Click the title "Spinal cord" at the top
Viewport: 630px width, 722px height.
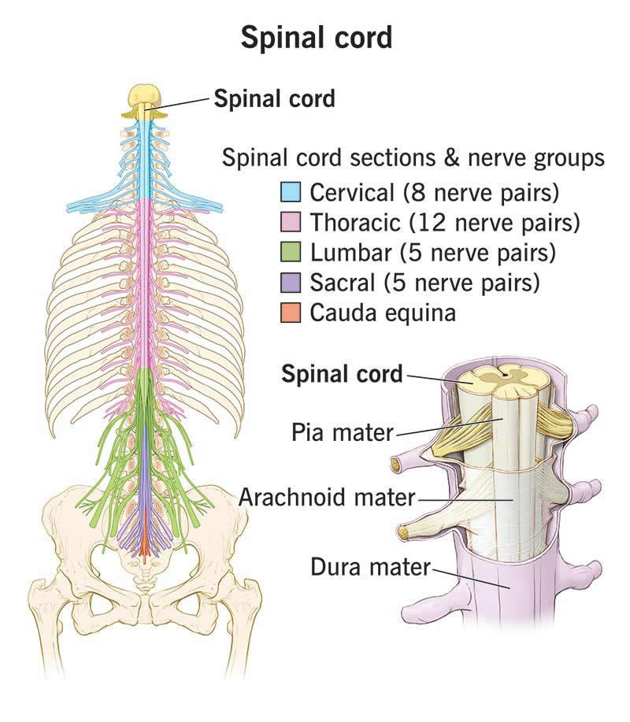[x=316, y=37]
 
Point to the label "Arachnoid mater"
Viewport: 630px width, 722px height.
[x=327, y=498]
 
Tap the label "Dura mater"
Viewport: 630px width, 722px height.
[x=370, y=566]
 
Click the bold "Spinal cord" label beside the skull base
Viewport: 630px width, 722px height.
[x=274, y=98]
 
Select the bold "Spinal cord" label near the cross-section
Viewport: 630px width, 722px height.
[x=342, y=373]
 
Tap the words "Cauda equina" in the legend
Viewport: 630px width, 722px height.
[x=383, y=313]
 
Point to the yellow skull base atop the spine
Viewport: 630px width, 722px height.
[x=145, y=98]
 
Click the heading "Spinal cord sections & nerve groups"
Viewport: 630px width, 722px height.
[x=413, y=158]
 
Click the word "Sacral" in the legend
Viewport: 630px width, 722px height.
[x=343, y=283]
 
